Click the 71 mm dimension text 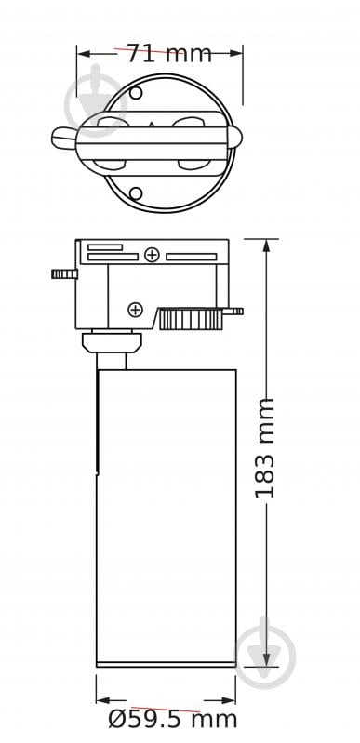click(x=168, y=54)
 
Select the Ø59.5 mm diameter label click(x=173, y=718)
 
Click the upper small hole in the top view click(x=136, y=94)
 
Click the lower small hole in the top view click(x=136, y=193)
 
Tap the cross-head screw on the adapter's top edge click(x=151, y=254)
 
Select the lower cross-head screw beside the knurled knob click(x=136, y=309)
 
